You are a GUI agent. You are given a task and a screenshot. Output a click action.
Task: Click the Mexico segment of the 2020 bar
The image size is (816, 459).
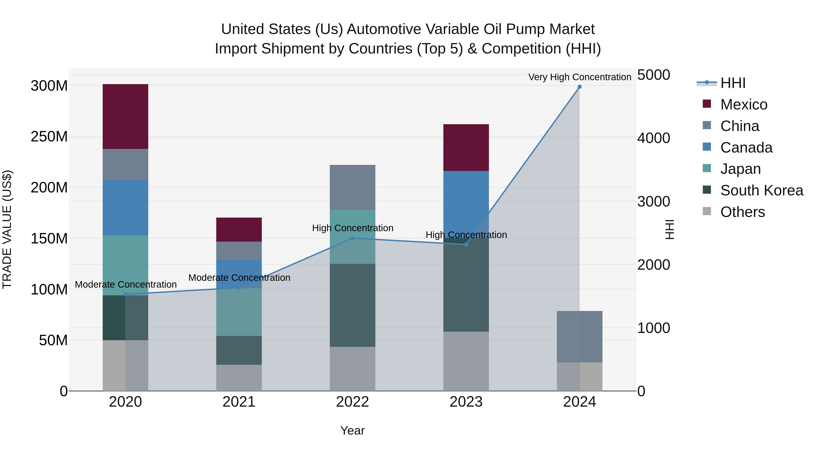tap(125, 116)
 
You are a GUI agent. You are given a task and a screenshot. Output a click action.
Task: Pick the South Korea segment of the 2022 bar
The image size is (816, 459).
tap(352, 305)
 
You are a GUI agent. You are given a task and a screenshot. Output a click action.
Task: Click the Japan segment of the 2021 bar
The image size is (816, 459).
tap(239, 312)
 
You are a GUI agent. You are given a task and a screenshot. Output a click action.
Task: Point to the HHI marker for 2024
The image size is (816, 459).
tap(579, 87)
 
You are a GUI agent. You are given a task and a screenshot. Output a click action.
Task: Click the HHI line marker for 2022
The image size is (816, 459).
tap(352, 238)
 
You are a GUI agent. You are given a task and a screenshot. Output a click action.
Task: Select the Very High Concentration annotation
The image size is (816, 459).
tap(579, 77)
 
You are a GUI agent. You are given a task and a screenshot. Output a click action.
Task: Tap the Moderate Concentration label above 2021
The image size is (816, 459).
tap(239, 277)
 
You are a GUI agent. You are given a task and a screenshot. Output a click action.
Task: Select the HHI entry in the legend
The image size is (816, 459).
tap(733, 83)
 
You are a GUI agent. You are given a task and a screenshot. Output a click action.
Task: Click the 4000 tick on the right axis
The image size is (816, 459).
tap(653, 138)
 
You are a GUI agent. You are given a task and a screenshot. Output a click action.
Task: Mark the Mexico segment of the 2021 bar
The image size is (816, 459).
tap(239, 230)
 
